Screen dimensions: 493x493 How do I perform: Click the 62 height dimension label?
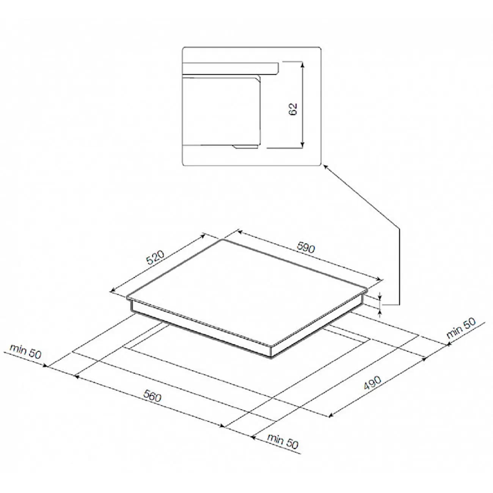tap(293, 109)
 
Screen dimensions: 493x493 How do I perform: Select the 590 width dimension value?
tap(306, 247)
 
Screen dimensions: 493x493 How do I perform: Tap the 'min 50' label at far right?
tap(461, 328)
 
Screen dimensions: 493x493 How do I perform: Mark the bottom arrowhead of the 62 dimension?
tap(303, 145)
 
